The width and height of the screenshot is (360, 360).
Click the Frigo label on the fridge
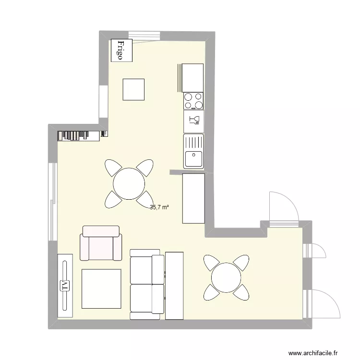pos(120,50)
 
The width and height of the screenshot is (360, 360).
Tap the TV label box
pos(65,286)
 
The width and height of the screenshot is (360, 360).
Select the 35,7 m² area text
pos(159,207)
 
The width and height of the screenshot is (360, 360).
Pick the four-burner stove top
pos(193,101)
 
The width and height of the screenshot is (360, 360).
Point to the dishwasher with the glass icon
pos(193,121)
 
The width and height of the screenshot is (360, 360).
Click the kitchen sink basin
pos(193,159)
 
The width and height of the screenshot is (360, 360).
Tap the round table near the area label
pos(129,184)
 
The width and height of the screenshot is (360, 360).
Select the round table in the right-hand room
pos(226,277)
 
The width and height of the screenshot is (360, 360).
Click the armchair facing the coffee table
pos(101,243)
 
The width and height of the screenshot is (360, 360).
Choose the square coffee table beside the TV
pos(101,289)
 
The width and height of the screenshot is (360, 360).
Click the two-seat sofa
pos(147,285)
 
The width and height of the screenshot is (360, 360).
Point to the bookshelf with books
pos(79,136)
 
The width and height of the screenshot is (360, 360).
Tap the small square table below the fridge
pos(133,90)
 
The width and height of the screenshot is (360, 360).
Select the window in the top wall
pos(144,35)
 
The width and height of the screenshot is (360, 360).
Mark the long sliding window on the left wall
pos(53,202)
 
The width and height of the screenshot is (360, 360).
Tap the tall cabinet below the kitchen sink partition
pos(193,198)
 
